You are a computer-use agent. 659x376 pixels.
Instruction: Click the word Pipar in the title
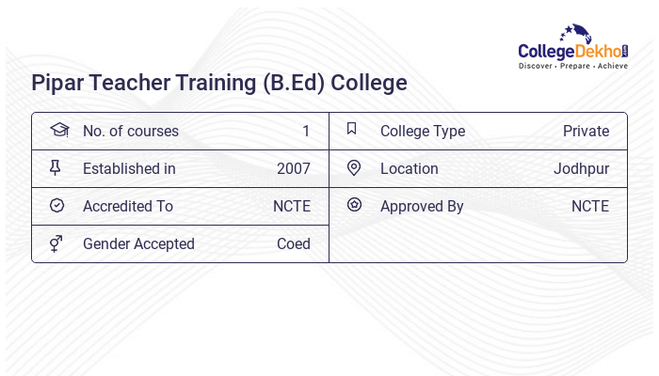point(56,83)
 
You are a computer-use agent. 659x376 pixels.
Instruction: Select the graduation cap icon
point(58,130)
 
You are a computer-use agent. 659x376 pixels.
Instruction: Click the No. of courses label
point(130,132)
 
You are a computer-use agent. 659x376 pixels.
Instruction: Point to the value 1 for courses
point(306,132)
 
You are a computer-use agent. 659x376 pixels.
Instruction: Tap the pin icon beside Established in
point(56,168)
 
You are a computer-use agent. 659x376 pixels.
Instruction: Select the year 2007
point(294,169)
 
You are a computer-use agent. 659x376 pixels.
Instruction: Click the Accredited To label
point(128,207)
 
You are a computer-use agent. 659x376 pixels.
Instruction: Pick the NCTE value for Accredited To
point(292,207)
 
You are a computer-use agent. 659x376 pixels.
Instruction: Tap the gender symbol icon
point(56,243)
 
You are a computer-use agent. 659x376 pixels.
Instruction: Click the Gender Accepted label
point(138,244)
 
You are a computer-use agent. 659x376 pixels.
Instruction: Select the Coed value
point(294,244)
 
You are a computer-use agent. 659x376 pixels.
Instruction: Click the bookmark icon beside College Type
point(351,129)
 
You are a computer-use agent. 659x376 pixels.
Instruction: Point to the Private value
point(586,132)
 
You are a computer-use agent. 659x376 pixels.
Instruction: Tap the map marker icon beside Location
point(354,167)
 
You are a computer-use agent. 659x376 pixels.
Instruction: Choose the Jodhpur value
point(582,169)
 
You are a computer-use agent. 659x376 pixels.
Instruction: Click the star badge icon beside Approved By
point(354,204)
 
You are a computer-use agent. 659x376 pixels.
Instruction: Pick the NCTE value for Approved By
point(590,207)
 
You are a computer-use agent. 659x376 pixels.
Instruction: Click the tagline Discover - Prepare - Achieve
point(573,67)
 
